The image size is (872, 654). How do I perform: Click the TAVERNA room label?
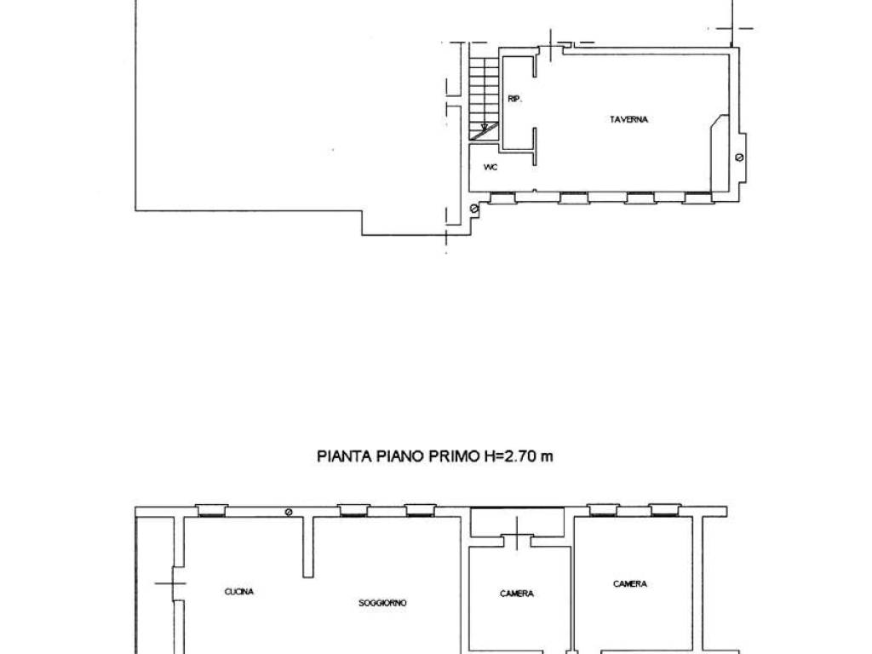point(628,119)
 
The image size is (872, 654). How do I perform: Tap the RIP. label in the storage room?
point(514,99)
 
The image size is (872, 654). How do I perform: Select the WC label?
point(490,168)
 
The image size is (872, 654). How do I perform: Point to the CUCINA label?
point(239,592)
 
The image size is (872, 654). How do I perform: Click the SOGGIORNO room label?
point(382,603)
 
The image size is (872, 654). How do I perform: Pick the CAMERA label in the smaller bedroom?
point(517,594)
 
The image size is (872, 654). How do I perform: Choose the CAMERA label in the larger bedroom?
point(630,584)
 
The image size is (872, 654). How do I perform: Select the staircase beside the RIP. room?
point(484,99)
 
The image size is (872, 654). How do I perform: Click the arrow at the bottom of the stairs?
point(485,129)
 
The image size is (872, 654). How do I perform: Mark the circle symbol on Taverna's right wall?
point(739,158)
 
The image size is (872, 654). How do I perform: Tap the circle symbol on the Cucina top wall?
point(288,512)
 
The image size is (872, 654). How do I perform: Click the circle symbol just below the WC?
point(473,209)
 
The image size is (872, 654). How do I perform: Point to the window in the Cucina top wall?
point(211,510)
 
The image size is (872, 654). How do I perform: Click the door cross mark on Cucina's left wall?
point(170,583)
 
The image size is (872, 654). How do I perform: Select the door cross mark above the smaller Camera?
point(518,532)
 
